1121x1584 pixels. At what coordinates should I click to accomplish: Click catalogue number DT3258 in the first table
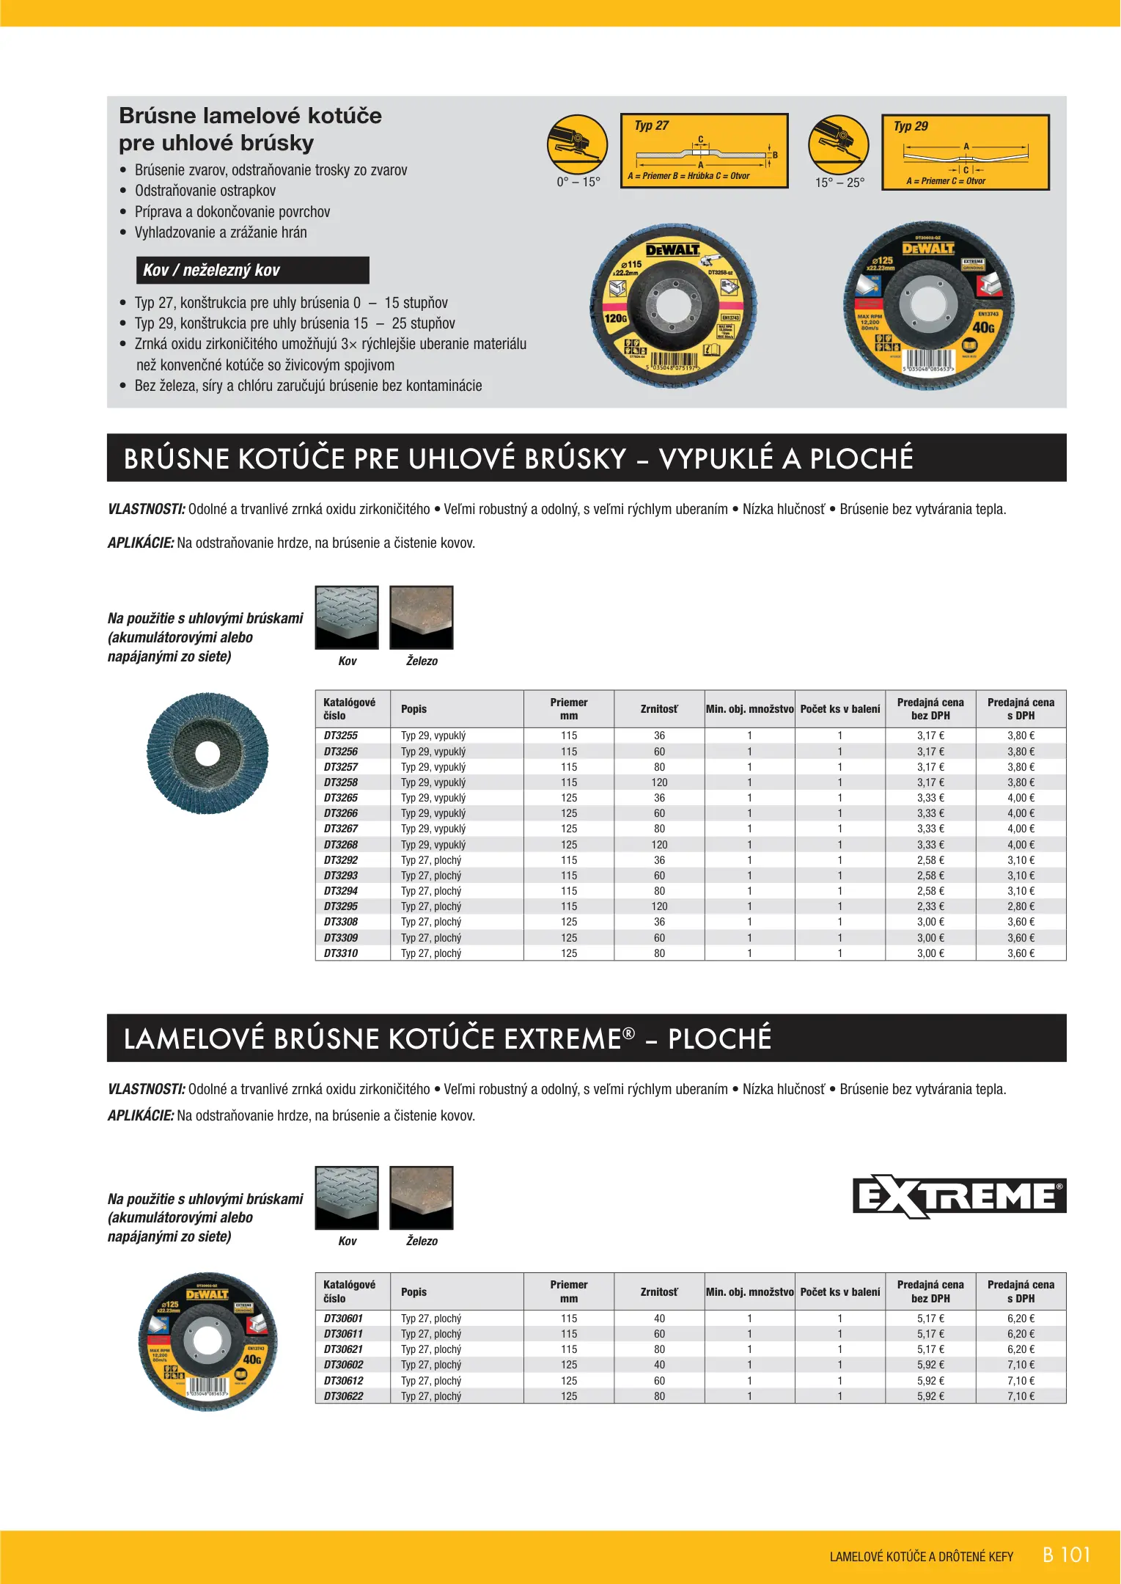click(341, 782)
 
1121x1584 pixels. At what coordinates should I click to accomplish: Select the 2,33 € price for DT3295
click(930, 906)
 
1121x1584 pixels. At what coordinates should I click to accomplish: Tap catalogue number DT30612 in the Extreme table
click(344, 1381)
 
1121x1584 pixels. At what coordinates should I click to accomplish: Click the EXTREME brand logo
click(959, 1196)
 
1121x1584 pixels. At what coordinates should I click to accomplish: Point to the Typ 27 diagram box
click(704, 151)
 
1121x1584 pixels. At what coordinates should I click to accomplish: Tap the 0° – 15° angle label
click(578, 183)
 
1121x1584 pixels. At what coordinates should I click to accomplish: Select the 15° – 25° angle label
click(839, 183)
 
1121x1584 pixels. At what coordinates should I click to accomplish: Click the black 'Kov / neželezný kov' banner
click(252, 270)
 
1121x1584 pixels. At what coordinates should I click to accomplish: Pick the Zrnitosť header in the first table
click(659, 709)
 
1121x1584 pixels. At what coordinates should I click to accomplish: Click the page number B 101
click(1066, 1555)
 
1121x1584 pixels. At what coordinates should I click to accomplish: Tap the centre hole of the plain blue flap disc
click(207, 754)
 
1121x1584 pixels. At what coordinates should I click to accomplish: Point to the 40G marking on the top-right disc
click(983, 327)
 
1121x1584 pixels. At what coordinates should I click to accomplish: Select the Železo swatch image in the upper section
click(421, 617)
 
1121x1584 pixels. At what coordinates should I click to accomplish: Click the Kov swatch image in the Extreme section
click(347, 1198)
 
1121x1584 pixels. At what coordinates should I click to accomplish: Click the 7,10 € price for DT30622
click(1021, 1396)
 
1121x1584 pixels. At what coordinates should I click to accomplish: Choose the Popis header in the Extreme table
click(414, 1292)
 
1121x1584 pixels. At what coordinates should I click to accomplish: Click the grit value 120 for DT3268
click(659, 845)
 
